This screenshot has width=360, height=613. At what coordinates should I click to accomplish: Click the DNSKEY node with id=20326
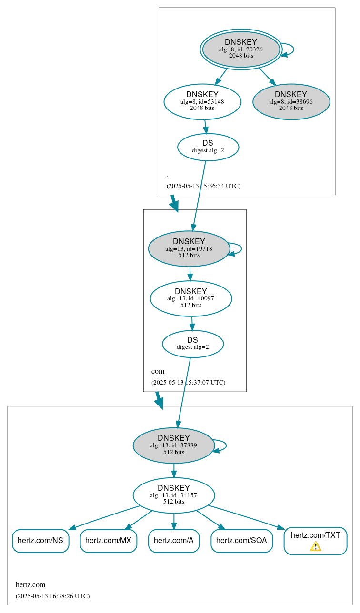point(241,49)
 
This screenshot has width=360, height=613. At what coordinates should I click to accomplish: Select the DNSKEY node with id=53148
point(202,101)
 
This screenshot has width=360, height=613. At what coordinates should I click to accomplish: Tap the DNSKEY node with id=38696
point(291,101)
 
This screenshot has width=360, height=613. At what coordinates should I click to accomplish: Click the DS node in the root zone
point(208,147)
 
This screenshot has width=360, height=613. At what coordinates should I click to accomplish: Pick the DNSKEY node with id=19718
point(189,248)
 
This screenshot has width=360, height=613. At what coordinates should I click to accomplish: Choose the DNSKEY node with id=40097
point(191,298)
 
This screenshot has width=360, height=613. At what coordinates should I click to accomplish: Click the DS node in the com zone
point(192,344)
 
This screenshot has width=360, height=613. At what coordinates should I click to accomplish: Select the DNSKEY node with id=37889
point(174,445)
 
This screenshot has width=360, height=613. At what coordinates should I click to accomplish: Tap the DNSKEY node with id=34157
point(174,495)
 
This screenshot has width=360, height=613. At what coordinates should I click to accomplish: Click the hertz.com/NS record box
point(40,541)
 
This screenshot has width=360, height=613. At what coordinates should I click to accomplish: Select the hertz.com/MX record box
point(109,541)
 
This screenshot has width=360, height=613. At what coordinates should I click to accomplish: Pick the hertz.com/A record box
point(174,541)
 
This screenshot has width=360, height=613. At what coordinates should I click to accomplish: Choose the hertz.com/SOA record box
point(241,541)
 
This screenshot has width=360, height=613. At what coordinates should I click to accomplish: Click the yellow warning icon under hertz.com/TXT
point(316,546)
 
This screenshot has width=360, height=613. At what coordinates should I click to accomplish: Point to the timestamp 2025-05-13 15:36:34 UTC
point(203,186)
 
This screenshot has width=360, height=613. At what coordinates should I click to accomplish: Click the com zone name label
point(158,371)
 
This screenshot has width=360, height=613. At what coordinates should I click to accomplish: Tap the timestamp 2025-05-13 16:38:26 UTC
point(52,596)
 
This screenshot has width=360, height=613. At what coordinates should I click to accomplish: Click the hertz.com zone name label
point(30,585)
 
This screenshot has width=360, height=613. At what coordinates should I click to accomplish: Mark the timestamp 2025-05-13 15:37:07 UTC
point(188,383)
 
